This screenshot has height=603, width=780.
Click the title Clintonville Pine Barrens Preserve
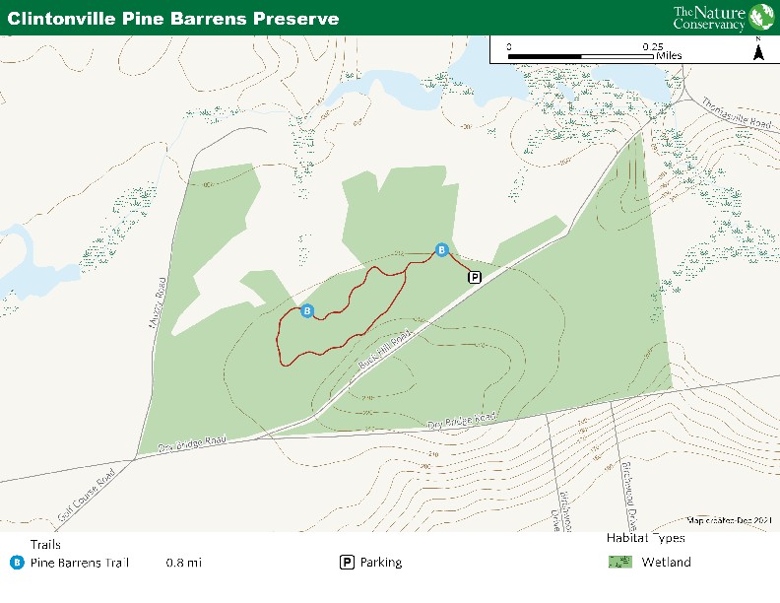pos(173,18)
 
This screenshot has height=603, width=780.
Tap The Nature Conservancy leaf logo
pos(761,17)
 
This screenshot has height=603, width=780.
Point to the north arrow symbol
pos(758,49)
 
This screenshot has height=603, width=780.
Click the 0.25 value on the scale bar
pos(652,46)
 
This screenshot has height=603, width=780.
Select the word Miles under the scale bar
pos(669,56)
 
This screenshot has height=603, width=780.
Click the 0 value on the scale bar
pos(509,46)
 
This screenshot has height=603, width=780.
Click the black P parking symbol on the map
pos(475,277)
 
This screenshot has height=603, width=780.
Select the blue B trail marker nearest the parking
pos(441,249)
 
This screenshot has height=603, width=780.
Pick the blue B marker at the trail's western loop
pos(307,311)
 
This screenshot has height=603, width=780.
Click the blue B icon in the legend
pos(17,563)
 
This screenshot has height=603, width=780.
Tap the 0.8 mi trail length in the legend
pos(183,563)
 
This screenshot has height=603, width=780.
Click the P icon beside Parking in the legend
pos(347,563)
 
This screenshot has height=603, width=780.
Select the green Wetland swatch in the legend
pos(619,563)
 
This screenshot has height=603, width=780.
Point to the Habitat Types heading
pos(646,538)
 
